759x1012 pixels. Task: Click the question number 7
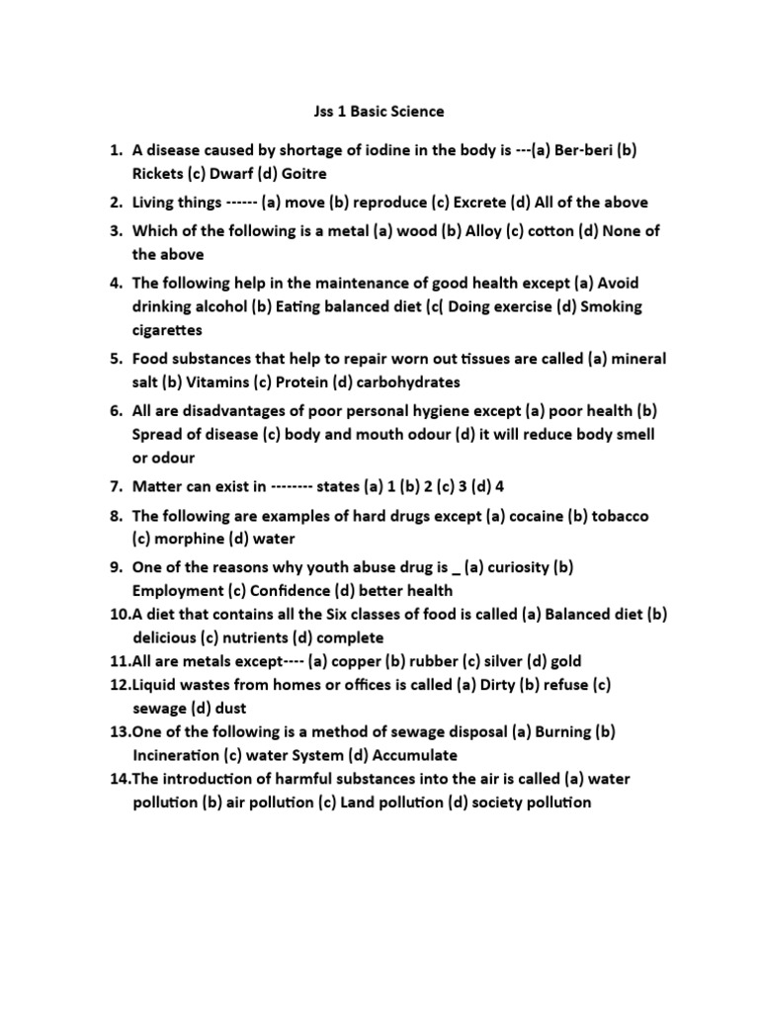point(116,486)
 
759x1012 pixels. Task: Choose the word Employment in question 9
point(179,591)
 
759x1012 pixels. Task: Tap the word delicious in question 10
point(167,637)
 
